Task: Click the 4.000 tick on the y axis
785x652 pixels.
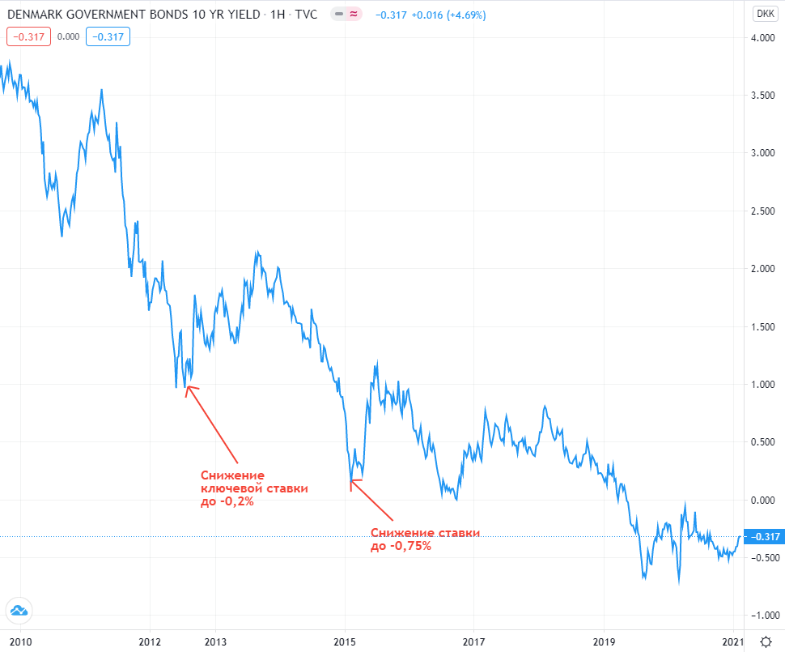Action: tap(764, 37)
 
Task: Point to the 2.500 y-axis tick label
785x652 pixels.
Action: tap(764, 211)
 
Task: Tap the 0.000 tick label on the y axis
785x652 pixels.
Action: tap(764, 500)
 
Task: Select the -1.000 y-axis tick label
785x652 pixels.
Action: tap(762, 616)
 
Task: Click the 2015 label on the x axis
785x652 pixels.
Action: tap(345, 642)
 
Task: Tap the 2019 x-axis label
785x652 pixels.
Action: tap(605, 642)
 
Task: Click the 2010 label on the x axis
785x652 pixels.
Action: tap(20, 642)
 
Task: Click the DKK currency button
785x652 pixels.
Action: tap(764, 13)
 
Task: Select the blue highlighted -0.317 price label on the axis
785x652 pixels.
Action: tap(764, 537)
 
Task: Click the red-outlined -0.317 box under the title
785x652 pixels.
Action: tap(29, 36)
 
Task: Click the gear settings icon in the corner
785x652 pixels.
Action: tap(765, 640)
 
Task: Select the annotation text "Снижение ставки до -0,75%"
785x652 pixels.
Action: tap(425, 539)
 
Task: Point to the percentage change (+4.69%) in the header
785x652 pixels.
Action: tap(473, 14)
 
